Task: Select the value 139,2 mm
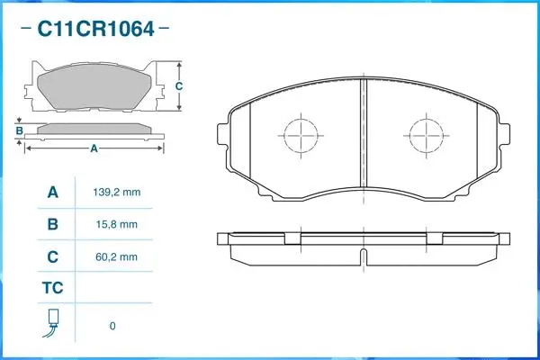tap(116, 193)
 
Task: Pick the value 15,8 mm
tap(116, 224)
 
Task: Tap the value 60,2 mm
tap(116, 256)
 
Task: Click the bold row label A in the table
tap(52, 193)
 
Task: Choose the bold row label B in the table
tap(52, 224)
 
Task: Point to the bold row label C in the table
tap(52, 256)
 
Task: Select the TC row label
tap(52, 289)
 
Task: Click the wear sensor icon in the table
tap(52, 324)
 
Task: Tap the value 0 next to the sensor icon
tap(112, 326)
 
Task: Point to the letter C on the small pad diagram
tap(179, 86)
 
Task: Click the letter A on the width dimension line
tap(94, 149)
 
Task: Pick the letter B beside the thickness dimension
tap(19, 131)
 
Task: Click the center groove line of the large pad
tap(363, 135)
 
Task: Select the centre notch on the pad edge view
tap(363, 258)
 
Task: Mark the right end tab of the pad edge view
tap(502, 238)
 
